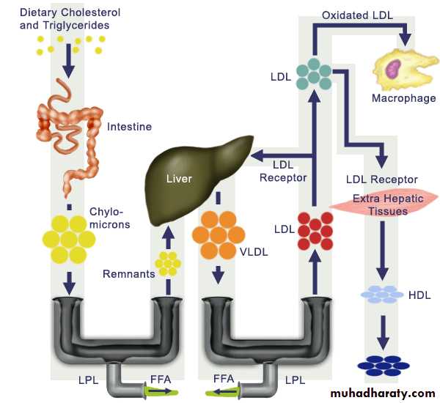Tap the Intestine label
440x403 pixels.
(x=129, y=127)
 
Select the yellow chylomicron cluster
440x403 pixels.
(x=69, y=238)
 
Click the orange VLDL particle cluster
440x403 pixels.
(x=217, y=234)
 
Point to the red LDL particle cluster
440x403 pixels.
(x=315, y=232)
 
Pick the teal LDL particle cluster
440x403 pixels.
(x=314, y=74)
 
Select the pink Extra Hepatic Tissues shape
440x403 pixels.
(x=382, y=205)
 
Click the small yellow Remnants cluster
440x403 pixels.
(x=167, y=262)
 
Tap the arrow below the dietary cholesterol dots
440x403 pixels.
(x=68, y=65)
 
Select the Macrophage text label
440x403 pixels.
(x=403, y=98)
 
